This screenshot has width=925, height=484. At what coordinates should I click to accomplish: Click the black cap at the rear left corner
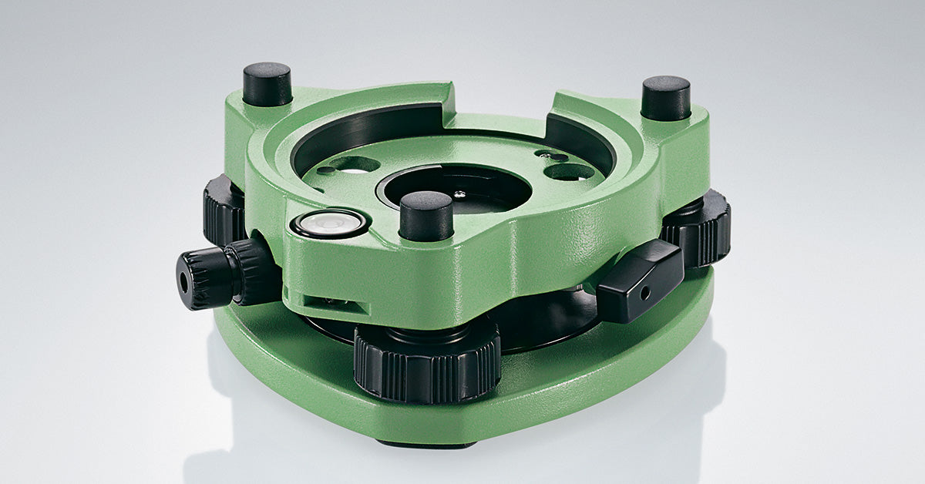click(x=267, y=84)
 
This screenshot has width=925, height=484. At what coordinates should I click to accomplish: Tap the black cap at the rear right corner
click(x=665, y=97)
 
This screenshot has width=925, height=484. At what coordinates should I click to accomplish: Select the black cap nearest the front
click(x=425, y=216)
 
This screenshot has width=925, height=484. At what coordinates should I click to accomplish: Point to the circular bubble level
click(x=330, y=224)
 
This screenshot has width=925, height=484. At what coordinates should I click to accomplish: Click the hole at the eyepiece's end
click(x=184, y=283)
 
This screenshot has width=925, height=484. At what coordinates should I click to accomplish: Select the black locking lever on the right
click(x=639, y=280)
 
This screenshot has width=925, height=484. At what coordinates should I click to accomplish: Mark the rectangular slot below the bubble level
click(x=328, y=301)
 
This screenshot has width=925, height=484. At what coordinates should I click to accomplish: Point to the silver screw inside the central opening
click(x=460, y=195)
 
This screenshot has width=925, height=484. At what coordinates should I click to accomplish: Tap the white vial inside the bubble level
click(x=330, y=224)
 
